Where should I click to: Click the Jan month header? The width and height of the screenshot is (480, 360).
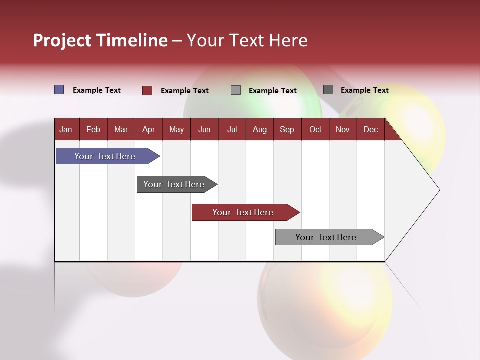pos(66,130)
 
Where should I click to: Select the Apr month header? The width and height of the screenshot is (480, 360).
pos(149,130)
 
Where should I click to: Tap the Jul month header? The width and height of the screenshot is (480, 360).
pos(232,130)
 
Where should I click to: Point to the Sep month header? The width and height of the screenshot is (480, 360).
pos(287,130)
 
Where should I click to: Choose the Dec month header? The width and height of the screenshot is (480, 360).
pos(370,130)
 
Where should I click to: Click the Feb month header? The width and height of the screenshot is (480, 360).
pos(93,130)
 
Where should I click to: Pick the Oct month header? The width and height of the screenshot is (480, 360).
pos(315,130)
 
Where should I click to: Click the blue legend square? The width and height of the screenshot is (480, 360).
pos(59,90)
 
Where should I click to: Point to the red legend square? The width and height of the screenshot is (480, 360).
pos(147,90)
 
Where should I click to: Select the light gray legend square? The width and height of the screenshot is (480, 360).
pos(236,90)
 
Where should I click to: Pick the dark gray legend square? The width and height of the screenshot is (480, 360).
pos(328,90)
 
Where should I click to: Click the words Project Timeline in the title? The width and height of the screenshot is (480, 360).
pos(100,40)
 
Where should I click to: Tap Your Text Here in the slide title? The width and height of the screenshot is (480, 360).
pos(247,40)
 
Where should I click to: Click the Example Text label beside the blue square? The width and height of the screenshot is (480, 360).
pos(97,90)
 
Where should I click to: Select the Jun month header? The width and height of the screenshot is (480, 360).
pos(204,130)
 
